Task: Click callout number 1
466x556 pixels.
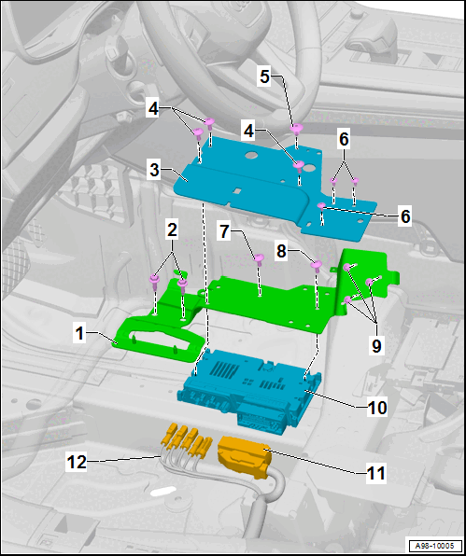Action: (80, 333)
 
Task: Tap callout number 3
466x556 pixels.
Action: (154, 170)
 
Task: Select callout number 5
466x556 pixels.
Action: (265, 76)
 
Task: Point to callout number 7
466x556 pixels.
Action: (225, 231)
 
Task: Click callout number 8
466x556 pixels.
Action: (281, 251)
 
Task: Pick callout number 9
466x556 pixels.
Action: (376, 345)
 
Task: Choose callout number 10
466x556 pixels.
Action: (377, 408)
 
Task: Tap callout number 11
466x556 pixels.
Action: (376, 473)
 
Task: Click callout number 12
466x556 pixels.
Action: (77, 462)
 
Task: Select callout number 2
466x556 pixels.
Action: (172, 230)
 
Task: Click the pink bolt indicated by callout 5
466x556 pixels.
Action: (296, 130)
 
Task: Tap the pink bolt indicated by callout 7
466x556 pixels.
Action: (259, 259)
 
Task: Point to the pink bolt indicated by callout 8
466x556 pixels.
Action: (317, 266)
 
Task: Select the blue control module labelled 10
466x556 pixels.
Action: (249, 390)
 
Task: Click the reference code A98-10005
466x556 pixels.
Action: (434, 545)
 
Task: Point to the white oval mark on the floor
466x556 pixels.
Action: (163, 492)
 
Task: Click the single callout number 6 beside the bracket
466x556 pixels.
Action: (405, 215)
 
